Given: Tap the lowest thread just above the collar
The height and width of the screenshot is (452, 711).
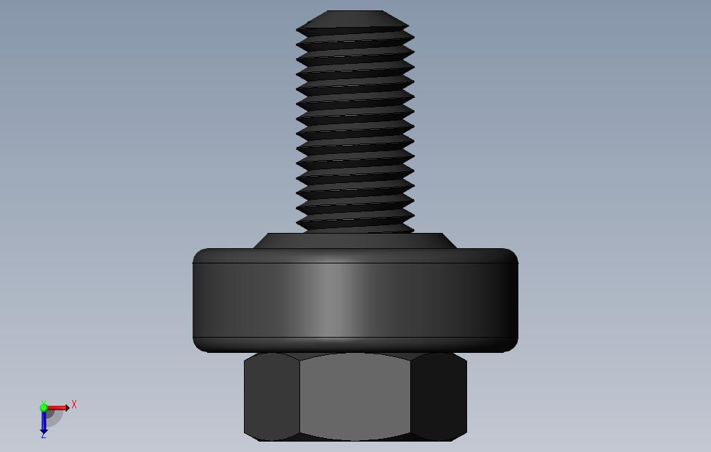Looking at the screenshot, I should [x=355, y=223].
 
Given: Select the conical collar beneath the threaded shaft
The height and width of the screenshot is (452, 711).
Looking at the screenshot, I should [x=355, y=241].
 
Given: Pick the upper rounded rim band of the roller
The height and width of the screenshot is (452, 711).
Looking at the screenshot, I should [x=355, y=256].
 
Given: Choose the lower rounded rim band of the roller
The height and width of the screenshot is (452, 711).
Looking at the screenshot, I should [x=355, y=345].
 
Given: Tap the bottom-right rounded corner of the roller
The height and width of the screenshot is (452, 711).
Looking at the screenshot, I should [x=512, y=346].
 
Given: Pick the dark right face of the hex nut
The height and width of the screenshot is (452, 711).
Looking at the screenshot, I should [x=438, y=397].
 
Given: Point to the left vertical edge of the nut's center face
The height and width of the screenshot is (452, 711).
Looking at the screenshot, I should [x=299, y=397].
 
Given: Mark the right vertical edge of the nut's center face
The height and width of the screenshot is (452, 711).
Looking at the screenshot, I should [x=410, y=397].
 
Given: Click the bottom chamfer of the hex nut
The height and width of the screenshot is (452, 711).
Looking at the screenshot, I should [x=355, y=438].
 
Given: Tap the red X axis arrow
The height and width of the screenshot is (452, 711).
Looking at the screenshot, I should [x=58, y=408].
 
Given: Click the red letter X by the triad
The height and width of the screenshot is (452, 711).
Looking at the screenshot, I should [x=74, y=404].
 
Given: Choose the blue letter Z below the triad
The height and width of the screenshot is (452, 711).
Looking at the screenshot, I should [x=43, y=435].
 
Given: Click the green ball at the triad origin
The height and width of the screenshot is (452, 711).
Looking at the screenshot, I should [x=44, y=408].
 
